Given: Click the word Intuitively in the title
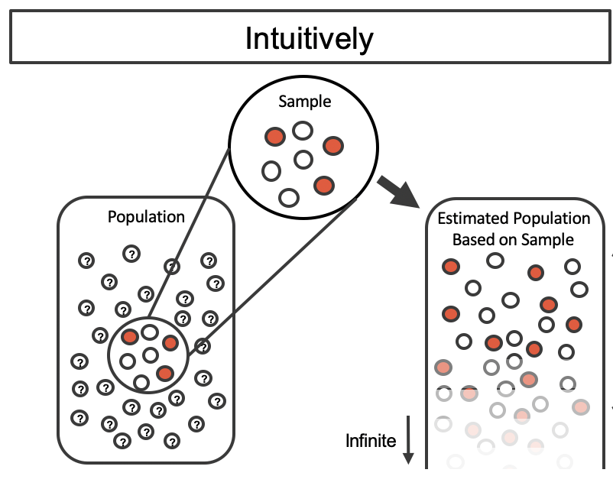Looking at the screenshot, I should point(309,38).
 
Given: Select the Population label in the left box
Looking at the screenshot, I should point(146,217).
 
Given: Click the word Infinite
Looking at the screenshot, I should point(371,440).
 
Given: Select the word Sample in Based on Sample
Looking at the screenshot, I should point(547,239).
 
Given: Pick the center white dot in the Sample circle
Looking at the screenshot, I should point(303,160).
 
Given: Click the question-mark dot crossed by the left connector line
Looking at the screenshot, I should point(173,267).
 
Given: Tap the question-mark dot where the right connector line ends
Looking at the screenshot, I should point(202,346).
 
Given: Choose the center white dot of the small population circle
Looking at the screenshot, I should point(150,355).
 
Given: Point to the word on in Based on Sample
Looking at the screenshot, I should point(509,239).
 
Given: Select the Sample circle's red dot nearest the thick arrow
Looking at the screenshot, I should point(324,185).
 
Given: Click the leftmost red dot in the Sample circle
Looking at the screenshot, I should point(274,137).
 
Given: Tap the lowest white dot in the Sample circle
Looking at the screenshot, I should point(288,198).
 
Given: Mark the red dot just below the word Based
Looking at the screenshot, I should point(451,267).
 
